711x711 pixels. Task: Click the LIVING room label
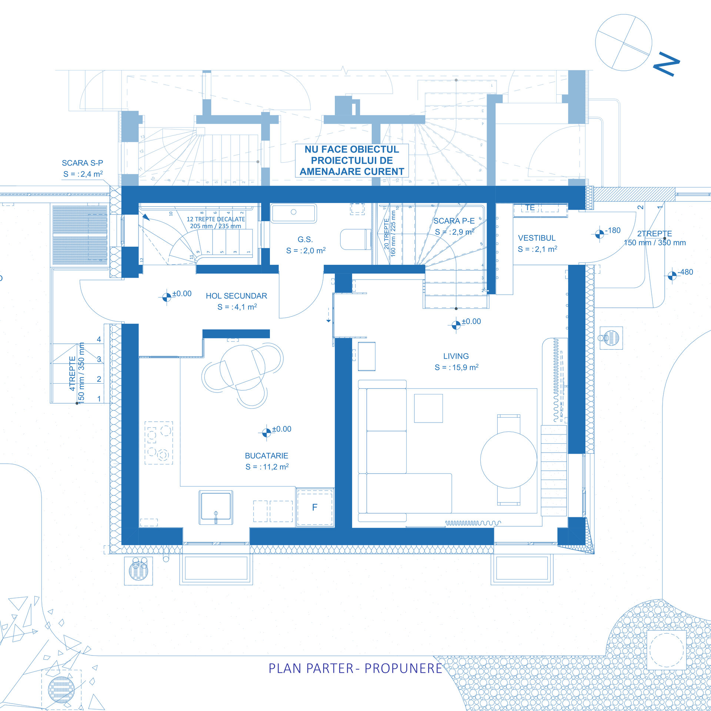456,356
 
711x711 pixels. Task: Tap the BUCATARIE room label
266,456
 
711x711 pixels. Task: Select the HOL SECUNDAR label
236,296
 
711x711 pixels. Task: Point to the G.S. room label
305,240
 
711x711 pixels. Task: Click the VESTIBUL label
537,238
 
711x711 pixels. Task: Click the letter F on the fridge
315,507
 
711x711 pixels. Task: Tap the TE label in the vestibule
530,208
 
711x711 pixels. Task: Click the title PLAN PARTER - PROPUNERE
355,668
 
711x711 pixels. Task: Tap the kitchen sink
216,506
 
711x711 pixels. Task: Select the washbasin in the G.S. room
293,213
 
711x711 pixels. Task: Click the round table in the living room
508,460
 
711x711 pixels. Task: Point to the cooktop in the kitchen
158,443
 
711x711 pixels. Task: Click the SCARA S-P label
82,163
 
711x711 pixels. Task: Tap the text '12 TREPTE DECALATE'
216,219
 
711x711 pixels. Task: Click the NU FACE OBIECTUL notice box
352,160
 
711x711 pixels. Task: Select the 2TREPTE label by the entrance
654,234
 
